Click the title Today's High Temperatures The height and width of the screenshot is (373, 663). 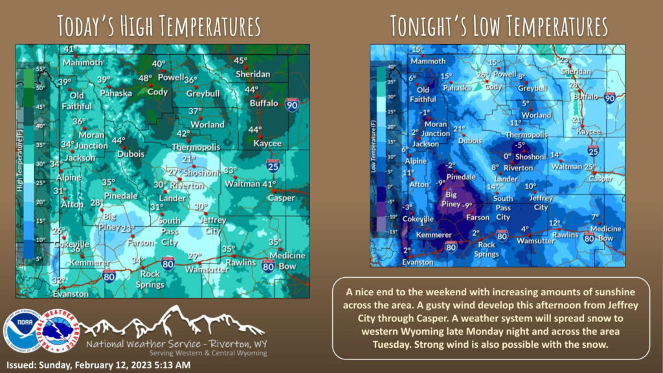pos(159,26)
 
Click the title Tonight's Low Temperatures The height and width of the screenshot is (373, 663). pos(499,26)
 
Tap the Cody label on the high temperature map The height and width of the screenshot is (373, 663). pos(157,91)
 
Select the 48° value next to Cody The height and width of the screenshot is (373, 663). pos(145,79)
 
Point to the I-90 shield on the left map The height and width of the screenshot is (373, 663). pos(292,104)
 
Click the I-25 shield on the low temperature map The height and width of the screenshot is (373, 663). pos(593,150)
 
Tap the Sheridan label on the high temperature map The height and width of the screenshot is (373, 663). pos(253,74)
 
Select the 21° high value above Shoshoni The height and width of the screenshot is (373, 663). pos(188,159)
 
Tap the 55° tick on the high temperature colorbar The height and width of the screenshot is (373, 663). pos(39,69)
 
